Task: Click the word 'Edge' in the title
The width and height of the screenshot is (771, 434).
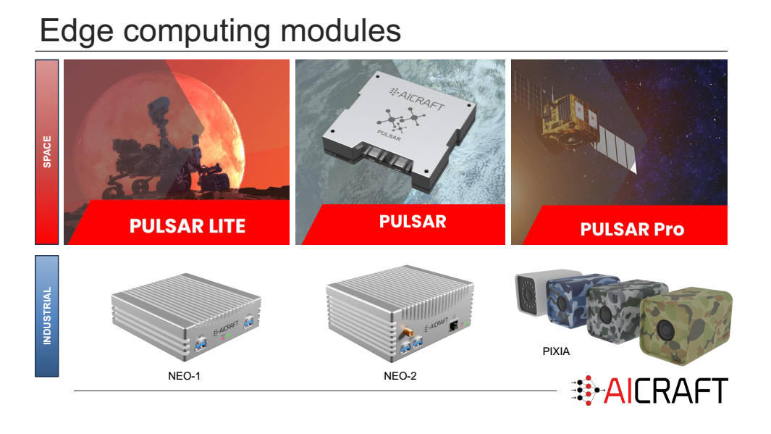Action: point(77,32)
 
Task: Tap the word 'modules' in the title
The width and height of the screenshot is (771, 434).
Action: point(341,30)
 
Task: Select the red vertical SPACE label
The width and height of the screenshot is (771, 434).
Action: point(47,152)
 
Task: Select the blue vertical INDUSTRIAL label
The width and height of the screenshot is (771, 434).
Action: point(47,316)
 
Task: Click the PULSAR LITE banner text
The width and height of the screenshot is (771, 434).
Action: point(188,226)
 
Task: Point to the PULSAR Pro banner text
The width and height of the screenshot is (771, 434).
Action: point(632,229)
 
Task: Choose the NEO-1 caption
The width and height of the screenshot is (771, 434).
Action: point(184,376)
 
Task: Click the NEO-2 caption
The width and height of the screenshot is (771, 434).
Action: point(400,376)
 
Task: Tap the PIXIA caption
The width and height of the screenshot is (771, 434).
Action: point(556,351)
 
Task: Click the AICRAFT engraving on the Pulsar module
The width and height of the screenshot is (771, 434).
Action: point(417,99)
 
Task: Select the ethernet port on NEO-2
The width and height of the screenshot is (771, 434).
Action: point(453,325)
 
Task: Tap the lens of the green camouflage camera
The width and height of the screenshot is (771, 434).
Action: point(665,329)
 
